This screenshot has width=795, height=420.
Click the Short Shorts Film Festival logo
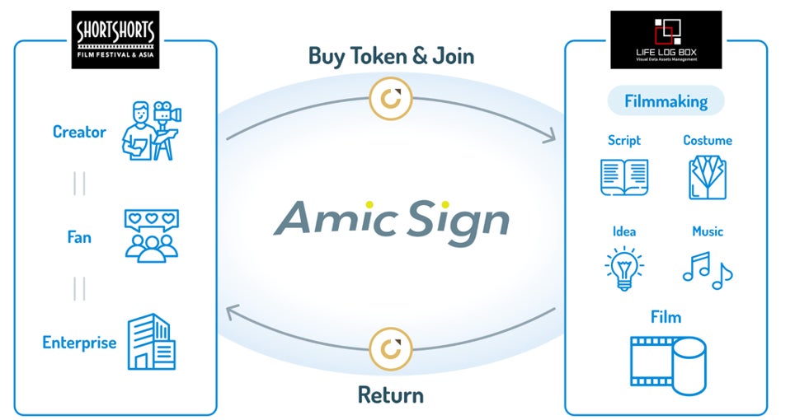coord(115,39)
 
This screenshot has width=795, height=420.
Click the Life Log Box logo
coord(666,39)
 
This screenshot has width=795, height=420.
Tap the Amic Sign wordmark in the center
coord(391,218)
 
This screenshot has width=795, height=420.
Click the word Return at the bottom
coord(390,394)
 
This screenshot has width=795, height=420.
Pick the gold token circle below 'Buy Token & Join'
coord(390,99)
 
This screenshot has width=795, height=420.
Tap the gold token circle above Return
coord(390,348)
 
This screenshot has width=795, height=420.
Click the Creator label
coord(79,132)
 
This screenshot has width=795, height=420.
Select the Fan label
coord(79,237)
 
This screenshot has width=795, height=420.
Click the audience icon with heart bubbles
coord(151,236)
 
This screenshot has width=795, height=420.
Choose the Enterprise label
coord(79,342)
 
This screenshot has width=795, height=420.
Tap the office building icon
coord(151,342)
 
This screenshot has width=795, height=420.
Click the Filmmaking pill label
coord(666,101)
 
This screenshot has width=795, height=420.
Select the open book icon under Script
coord(624,177)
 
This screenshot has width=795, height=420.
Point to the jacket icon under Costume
coord(708,177)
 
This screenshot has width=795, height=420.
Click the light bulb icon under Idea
coord(624,268)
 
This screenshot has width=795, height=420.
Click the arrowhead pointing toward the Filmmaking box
coord(550,138)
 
